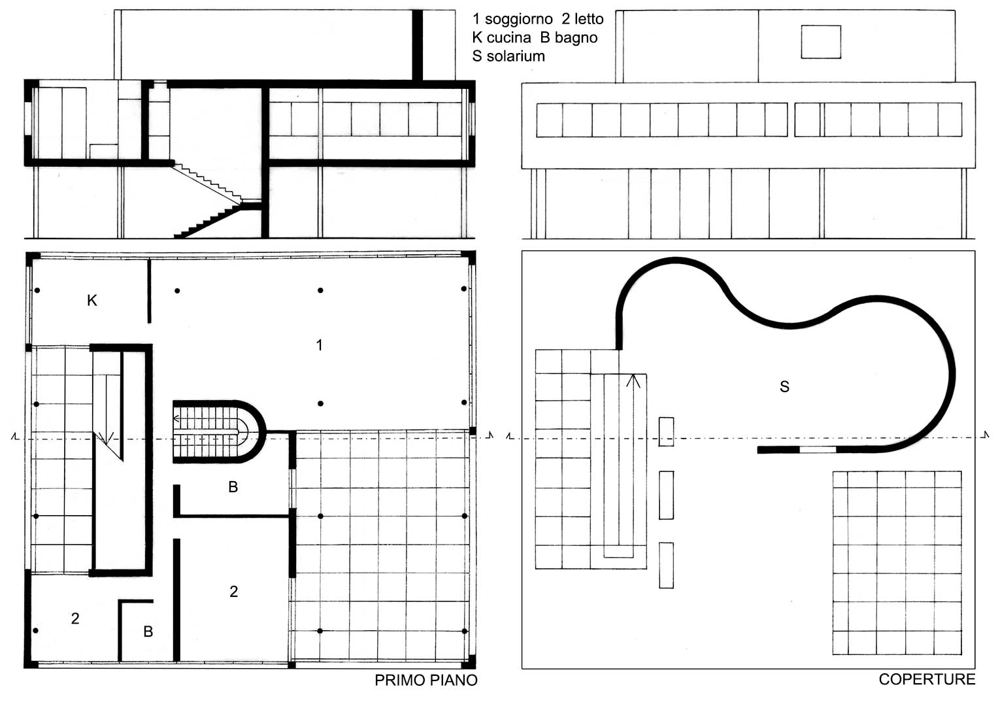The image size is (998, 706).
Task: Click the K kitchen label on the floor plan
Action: click(92, 301)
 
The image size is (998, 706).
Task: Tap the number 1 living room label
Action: click(319, 345)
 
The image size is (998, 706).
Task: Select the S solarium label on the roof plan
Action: click(784, 386)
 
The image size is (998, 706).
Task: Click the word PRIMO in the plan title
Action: click(398, 680)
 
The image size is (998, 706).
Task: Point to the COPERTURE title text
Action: click(927, 679)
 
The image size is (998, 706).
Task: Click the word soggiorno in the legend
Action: click(518, 19)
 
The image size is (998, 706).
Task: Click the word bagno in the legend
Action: click(575, 38)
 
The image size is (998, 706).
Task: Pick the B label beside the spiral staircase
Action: click(233, 487)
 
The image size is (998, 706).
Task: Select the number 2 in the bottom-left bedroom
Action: click(75, 618)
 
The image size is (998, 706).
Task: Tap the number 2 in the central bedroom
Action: click(234, 592)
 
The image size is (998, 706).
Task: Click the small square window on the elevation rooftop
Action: click(821, 42)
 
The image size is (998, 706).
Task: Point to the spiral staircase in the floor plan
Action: click(218, 431)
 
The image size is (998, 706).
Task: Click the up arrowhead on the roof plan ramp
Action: click(633, 381)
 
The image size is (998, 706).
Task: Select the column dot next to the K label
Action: click(37, 290)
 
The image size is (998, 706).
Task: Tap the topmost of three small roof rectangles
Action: click(666, 431)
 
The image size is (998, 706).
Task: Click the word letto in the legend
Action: click(589, 19)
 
